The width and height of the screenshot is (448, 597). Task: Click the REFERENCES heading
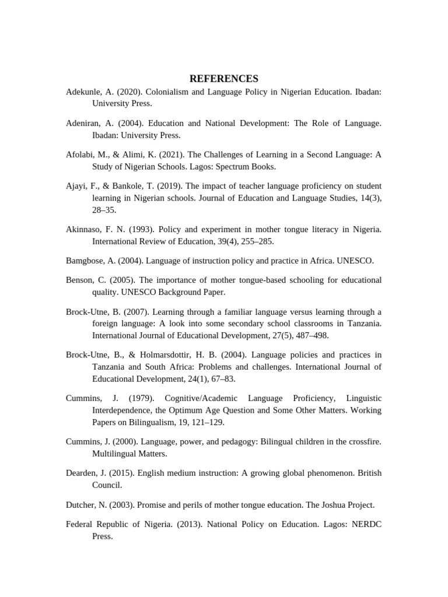(223, 79)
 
